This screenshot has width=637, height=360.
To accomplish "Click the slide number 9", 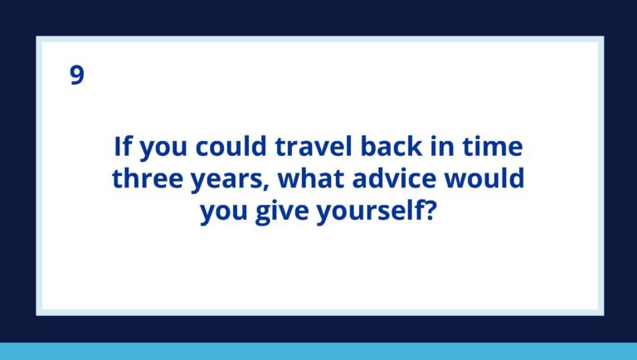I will click(x=76, y=76).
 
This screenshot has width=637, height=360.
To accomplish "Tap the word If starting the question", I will click(x=123, y=148).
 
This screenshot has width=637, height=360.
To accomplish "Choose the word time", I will click(x=494, y=148).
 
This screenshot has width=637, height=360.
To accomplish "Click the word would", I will click(x=482, y=180).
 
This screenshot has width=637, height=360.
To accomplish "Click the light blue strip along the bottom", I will click(x=318, y=351).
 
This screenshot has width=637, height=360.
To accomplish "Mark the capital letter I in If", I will click(x=118, y=148).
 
